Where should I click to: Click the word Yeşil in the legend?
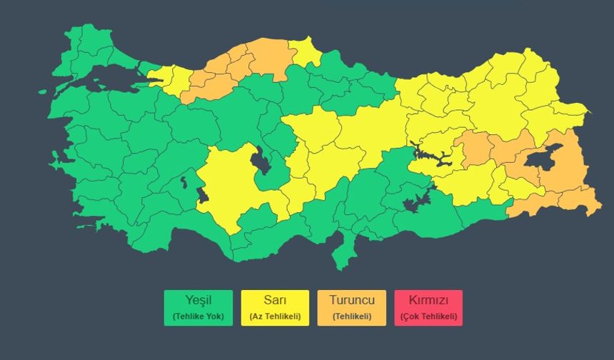[x=199, y=301]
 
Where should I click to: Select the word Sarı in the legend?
[x=275, y=301]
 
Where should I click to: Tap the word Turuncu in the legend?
[x=352, y=301]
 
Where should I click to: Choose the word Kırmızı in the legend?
[x=428, y=301]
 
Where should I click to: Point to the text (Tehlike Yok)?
[x=199, y=316]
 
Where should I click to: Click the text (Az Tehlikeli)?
[x=275, y=316]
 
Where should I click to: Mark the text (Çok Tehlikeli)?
[x=428, y=316]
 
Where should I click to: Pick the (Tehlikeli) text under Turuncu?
[x=352, y=316]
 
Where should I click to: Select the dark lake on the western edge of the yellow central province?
[x=203, y=194]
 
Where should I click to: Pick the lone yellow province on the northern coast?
[x=306, y=52]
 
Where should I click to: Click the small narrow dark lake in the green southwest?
[x=183, y=182]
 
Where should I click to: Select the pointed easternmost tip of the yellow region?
[x=588, y=112]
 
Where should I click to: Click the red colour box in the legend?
[x=428, y=308]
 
